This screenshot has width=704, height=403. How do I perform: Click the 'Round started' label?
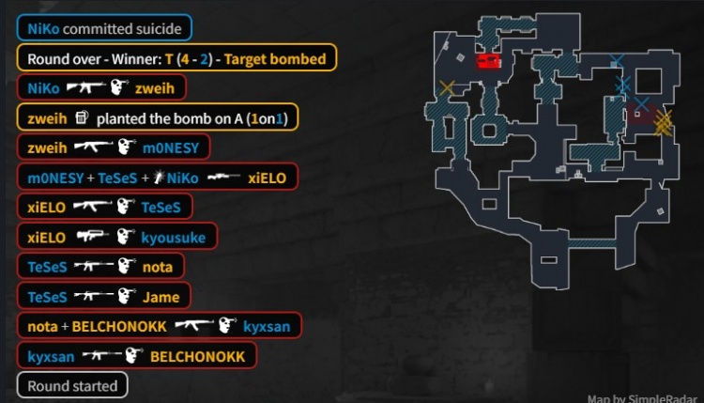click(72, 385)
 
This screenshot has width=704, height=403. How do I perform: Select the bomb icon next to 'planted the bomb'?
click(82, 118)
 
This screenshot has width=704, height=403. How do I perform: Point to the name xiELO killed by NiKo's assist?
click(267, 177)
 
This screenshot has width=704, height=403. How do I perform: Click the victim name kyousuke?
click(173, 237)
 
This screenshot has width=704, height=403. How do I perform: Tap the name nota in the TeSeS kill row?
click(157, 267)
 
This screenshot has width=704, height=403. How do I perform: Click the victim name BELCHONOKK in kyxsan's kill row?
click(197, 357)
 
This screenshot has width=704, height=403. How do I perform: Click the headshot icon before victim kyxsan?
click(225, 326)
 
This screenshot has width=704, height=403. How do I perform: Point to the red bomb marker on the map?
click(488, 61)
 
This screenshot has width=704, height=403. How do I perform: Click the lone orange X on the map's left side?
click(447, 88)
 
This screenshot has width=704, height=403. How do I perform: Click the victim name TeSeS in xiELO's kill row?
click(161, 207)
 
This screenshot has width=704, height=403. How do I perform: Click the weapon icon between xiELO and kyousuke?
click(93, 237)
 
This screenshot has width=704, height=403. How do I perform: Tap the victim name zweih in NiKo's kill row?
click(154, 88)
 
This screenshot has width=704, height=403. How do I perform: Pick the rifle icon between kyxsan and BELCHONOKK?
click(100, 356)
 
